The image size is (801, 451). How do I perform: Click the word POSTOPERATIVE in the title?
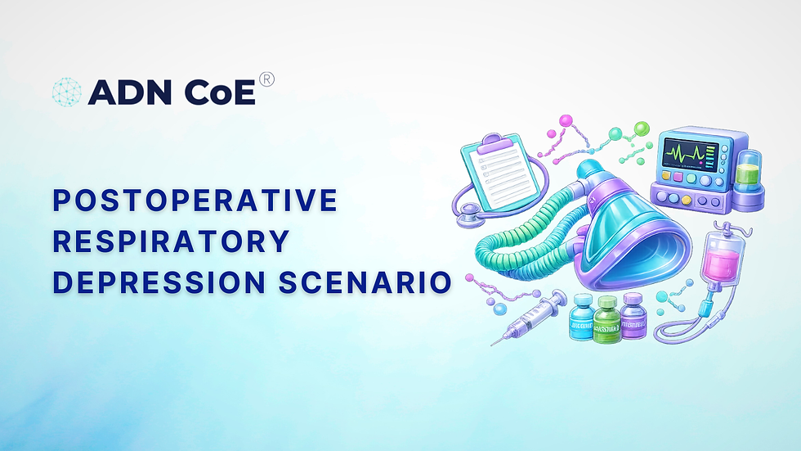(195, 200)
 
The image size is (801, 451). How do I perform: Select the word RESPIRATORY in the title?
(171, 241)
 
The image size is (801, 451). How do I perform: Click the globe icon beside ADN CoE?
(66, 92)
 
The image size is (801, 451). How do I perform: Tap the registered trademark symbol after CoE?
(266, 80)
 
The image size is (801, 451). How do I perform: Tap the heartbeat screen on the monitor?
(688, 153)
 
